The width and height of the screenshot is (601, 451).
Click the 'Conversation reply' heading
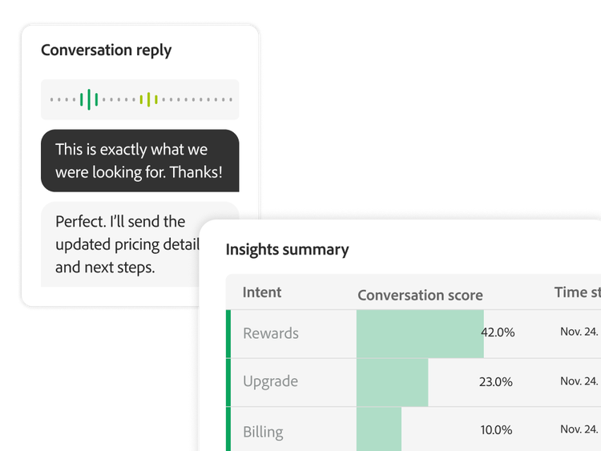point(107,50)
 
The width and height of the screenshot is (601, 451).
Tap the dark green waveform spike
point(89,99)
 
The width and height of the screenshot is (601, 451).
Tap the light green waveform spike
point(149,99)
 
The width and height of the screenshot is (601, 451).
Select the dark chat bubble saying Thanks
point(139,161)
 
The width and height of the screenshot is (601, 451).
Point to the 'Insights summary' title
point(287,249)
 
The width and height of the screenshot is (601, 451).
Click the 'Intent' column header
point(262,292)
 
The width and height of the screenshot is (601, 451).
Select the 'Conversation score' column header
point(420,295)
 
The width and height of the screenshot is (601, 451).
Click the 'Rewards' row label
point(271,333)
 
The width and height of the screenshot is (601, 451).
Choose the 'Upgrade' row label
point(270,381)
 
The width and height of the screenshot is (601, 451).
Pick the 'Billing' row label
point(263,432)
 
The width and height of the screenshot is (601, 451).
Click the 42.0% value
point(497,332)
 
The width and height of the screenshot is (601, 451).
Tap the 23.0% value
point(495,382)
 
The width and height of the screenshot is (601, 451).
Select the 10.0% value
point(497,431)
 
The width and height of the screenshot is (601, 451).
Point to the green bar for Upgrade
point(392,382)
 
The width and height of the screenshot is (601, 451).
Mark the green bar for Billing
point(378,431)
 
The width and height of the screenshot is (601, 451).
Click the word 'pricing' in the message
point(139,244)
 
